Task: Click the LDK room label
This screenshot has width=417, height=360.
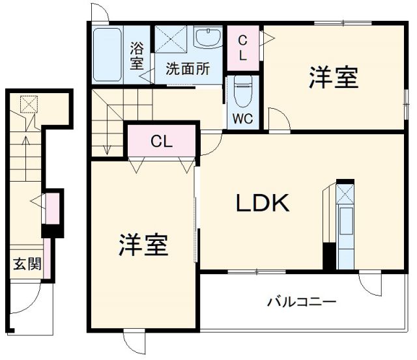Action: click(262, 204)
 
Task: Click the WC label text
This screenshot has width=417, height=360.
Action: click(244, 119)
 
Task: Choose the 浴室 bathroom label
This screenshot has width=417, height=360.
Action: click(137, 55)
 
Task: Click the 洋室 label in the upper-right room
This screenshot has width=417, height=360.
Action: click(333, 79)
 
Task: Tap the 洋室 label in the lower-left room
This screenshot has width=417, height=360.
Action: click(143, 245)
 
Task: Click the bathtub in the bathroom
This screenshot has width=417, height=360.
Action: click(107, 55)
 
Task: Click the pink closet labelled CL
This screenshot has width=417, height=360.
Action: click(162, 141)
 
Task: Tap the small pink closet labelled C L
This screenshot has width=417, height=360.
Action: click(242, 48)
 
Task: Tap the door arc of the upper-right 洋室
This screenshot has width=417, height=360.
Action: click(276, 120)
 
